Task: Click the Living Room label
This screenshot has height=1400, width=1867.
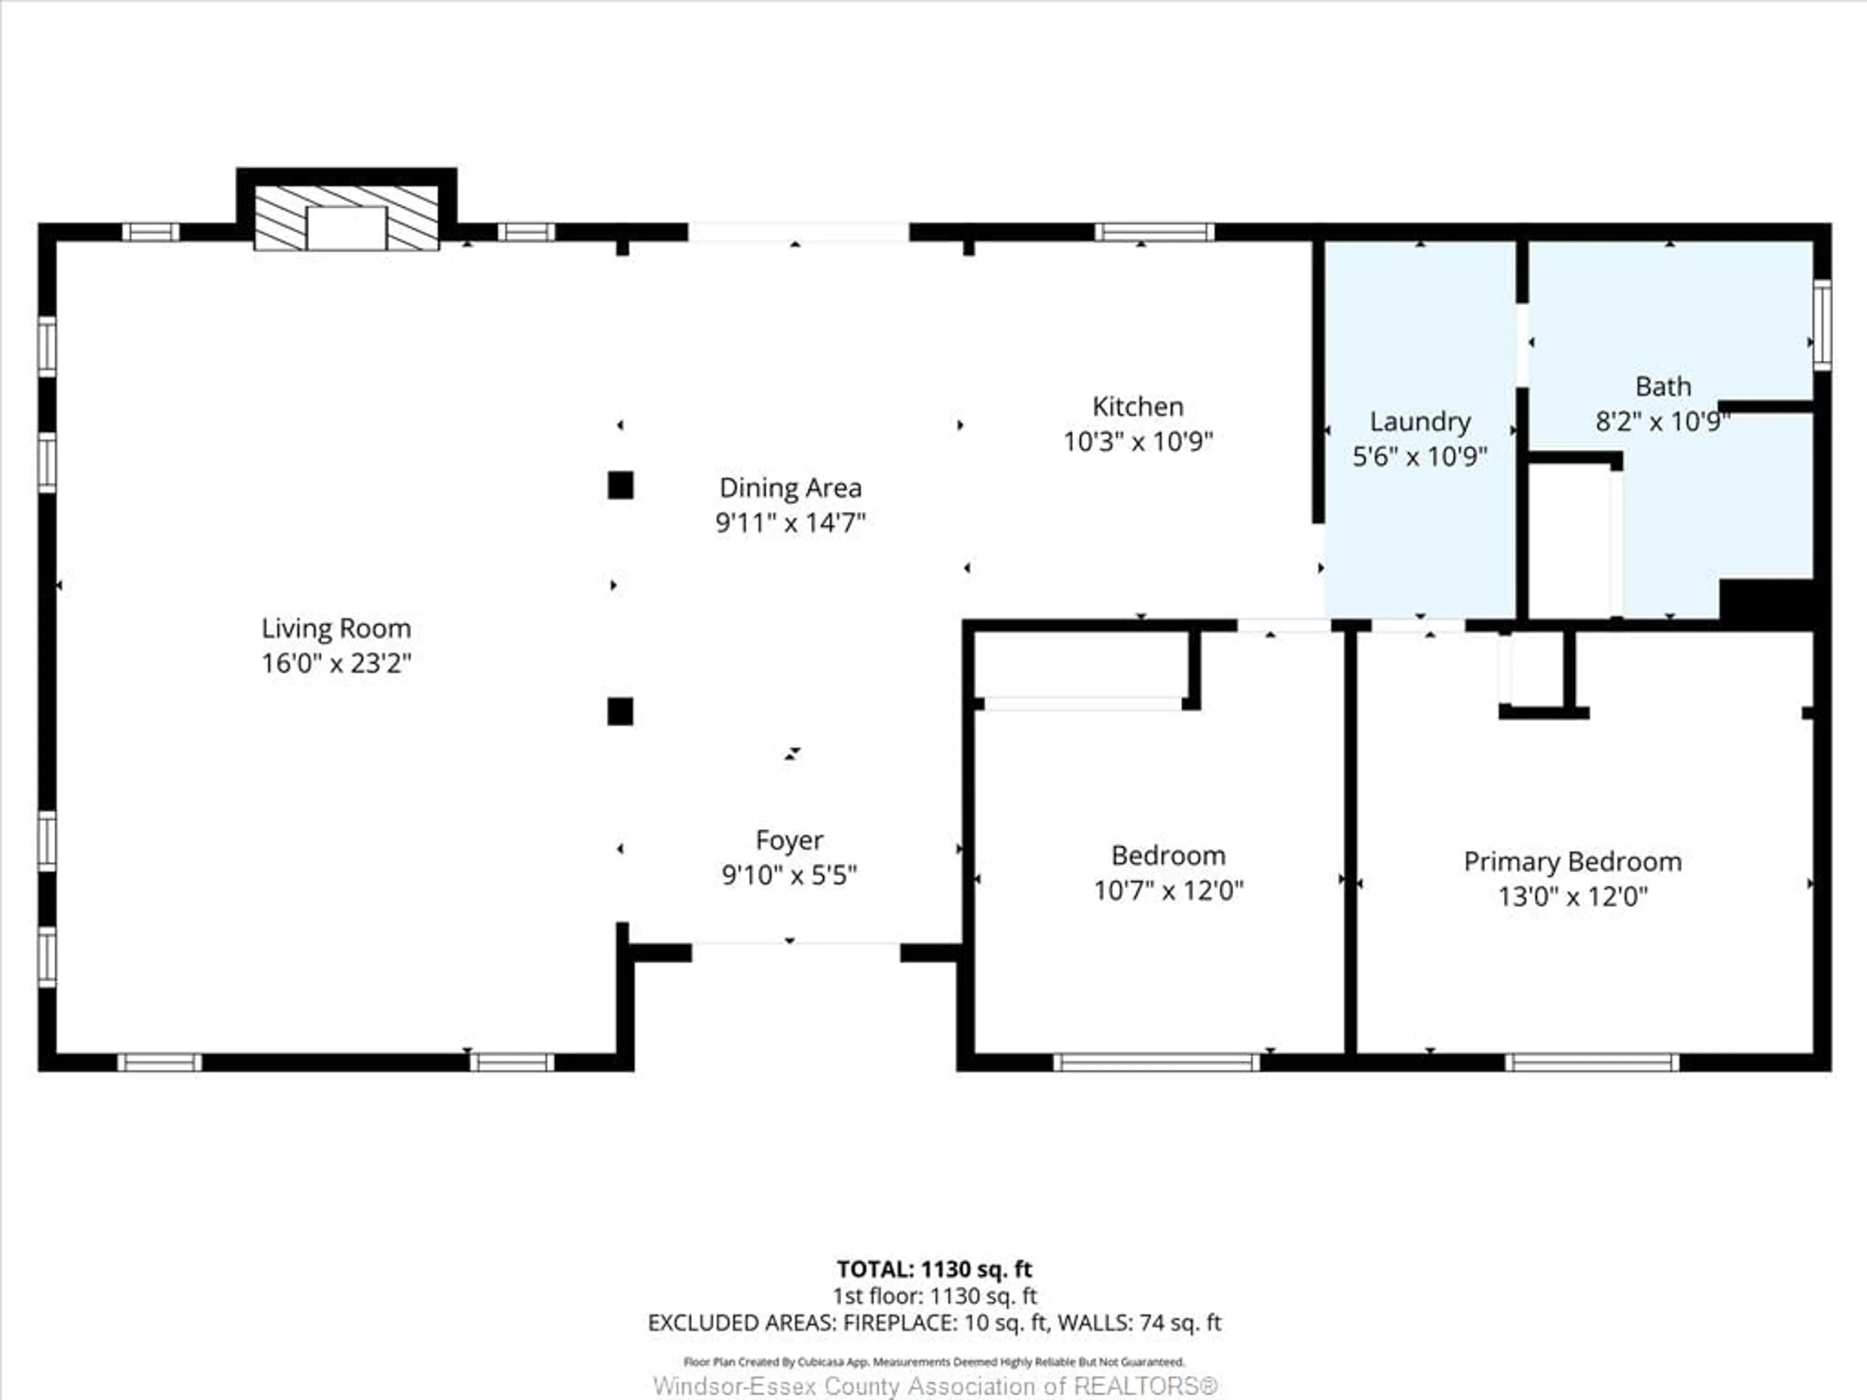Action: (x=336, y=628)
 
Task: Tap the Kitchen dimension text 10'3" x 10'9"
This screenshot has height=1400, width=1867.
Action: (x=1138, y=441)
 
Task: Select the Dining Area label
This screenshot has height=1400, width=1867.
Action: (x=790, y=488)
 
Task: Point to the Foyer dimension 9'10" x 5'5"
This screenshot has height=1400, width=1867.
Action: (x=789, y=875)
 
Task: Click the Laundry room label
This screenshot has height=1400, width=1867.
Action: (x=1420, y=421)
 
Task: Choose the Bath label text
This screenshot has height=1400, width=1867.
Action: (x=1663, y=386)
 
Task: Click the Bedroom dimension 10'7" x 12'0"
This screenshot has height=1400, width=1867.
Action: (x=1168, y=890)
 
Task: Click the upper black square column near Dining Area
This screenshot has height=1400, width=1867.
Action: (x=620, y=485)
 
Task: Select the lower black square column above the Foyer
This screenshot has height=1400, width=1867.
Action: (x=620, y=711)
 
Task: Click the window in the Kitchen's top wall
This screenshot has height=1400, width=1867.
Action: (x=1155, y=232)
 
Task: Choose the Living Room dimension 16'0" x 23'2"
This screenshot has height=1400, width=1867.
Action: (x=336, y=663)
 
